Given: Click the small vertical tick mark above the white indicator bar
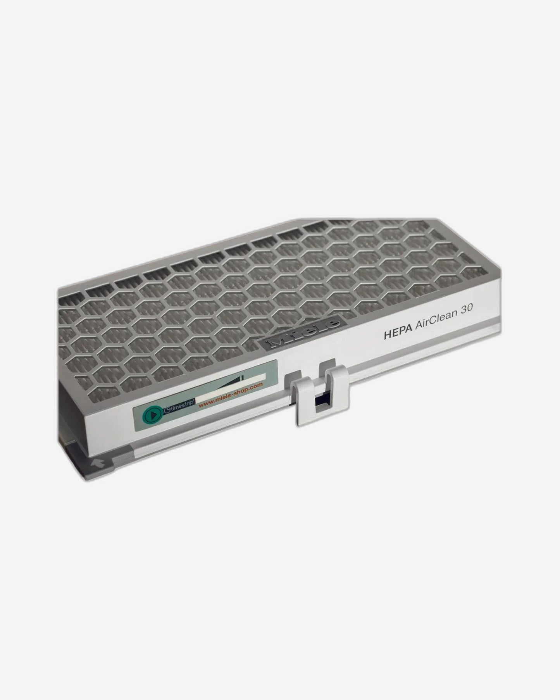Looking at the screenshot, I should click(x=242, y=378).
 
